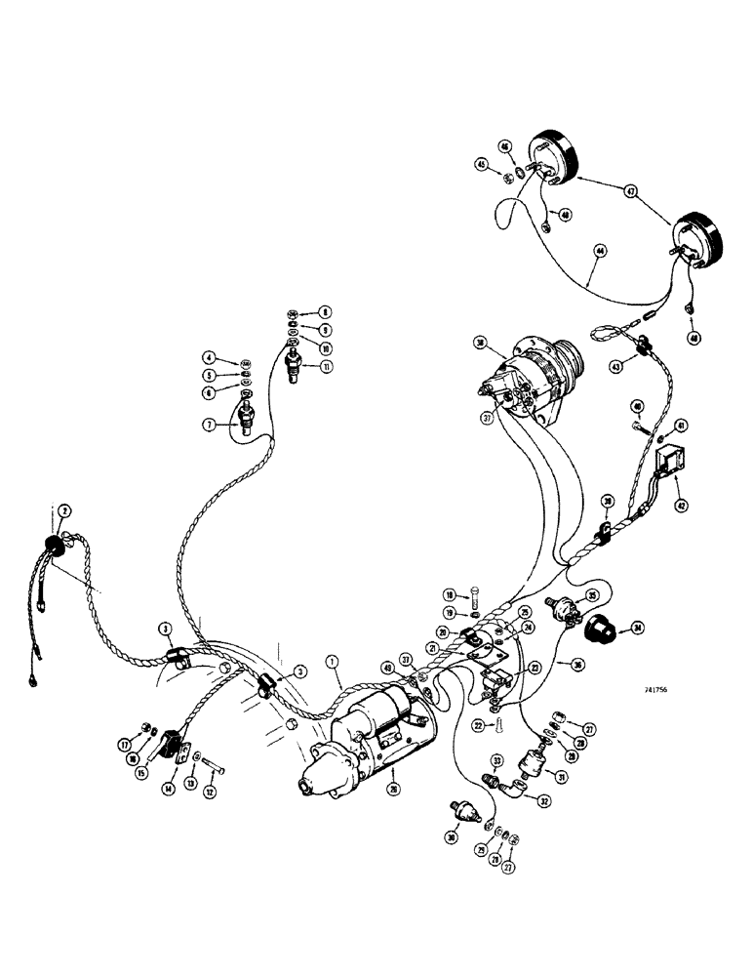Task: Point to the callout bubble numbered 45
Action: tap(482, 164)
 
